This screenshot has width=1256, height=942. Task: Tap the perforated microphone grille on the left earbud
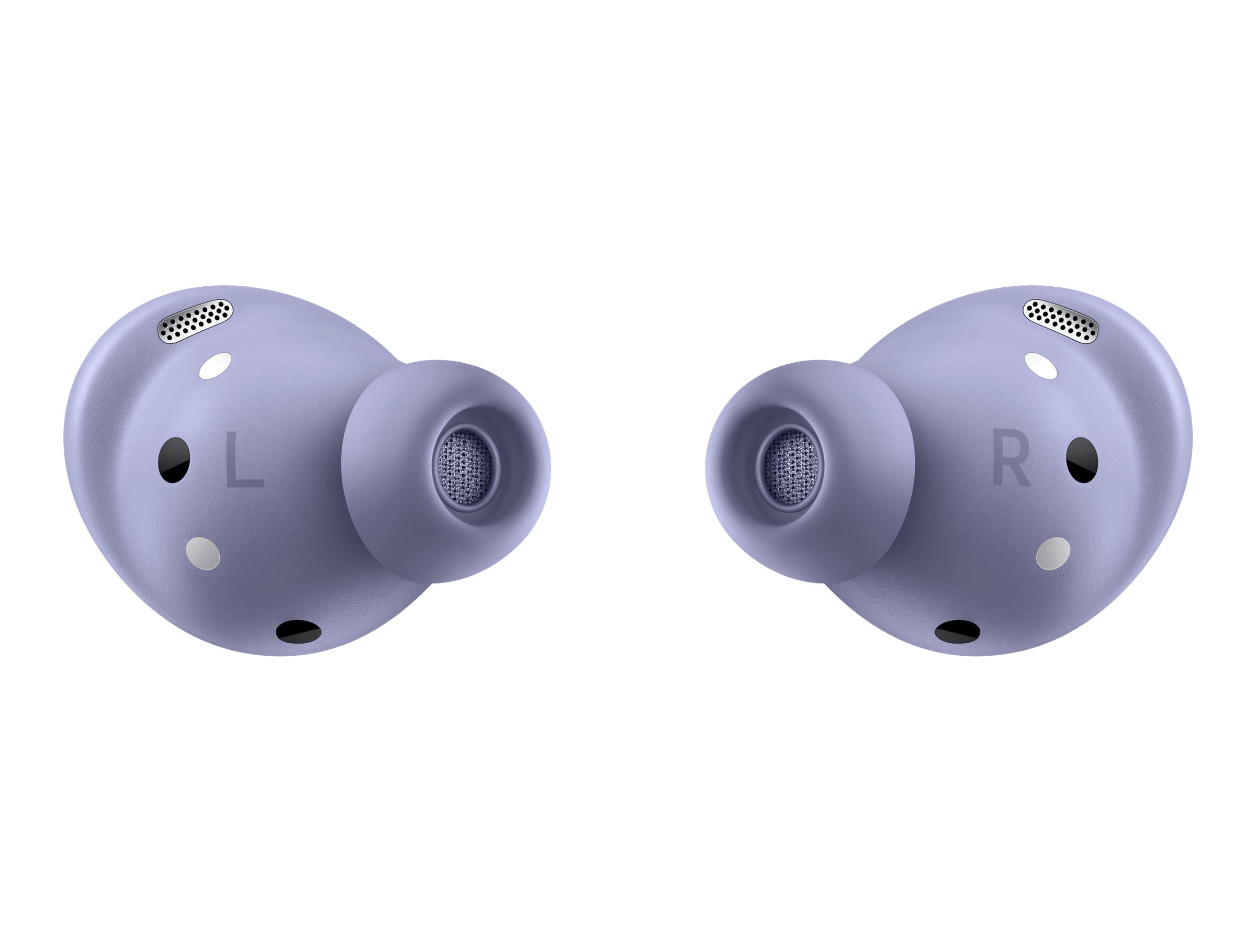coord(196,321)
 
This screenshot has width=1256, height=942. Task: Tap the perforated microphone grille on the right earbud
coord(1060,321)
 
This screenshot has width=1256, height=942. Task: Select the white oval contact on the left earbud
coord(216,366)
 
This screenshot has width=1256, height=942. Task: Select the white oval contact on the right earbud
coord(1041,366)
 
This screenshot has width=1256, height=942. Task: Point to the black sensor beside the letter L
coord(174,460)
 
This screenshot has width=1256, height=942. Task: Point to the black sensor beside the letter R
coord(1082,460)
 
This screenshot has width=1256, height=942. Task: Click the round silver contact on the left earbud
coord(203,553)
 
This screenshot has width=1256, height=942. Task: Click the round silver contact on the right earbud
coord(1053,553)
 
